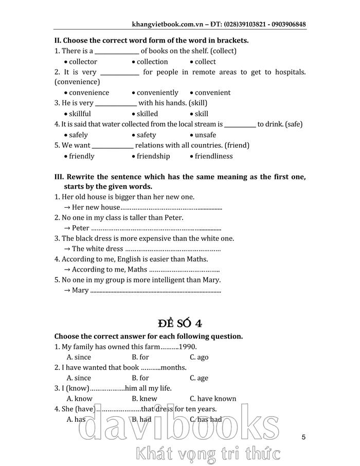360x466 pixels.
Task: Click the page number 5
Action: (x=304, y=437)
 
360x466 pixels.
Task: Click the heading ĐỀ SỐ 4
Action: (x=180, y=323)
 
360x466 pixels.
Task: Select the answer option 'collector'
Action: (x=83, y=62)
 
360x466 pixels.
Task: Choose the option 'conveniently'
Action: (x=157, y=93)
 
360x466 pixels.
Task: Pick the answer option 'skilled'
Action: (x=147, y=114)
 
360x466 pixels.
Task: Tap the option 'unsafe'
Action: (x=205, y=135)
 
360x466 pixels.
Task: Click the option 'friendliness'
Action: (x=213, y=156)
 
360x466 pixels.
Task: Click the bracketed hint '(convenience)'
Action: (x=77, y=81)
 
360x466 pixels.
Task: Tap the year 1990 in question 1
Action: (x=187, y=347)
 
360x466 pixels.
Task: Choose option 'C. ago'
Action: (x=199, y=357)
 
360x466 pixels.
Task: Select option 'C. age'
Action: (x=199, y=378)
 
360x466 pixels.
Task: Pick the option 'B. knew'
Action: (x=145, y=399)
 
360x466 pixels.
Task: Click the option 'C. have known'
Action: (x=213, y=399)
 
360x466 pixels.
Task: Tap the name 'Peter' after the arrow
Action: (x=81, y=228)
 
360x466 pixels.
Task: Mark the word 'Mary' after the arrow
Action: (x=80, y=291)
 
